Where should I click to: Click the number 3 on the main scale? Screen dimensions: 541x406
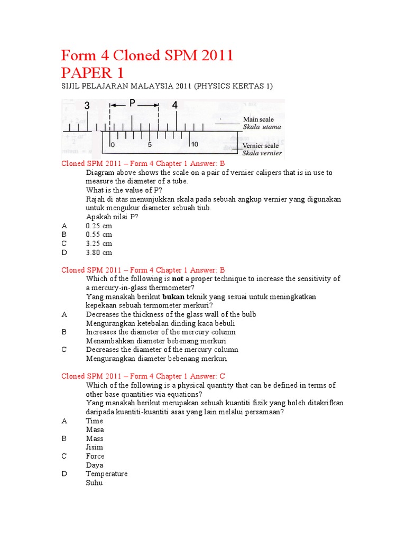point(87,106)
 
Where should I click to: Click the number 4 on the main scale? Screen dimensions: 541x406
point(175,106)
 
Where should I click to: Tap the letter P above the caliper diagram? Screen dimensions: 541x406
point(133,104)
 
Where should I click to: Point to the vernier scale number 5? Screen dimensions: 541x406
point(150,144)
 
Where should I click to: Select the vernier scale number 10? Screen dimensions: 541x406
point(194,144)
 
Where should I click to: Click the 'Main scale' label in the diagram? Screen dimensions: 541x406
point(258,119)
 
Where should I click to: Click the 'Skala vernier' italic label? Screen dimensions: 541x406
point(262,153)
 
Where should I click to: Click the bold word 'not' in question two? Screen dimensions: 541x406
point(179,279)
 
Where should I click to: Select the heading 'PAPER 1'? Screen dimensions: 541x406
point(93,73)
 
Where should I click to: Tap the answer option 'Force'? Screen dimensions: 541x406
point(95,456)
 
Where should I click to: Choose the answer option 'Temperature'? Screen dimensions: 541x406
point(107,474)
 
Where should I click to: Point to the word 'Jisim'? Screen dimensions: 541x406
point(95,447)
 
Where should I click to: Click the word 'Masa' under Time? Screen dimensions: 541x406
point(95,430)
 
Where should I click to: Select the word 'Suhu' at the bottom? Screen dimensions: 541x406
point(95,482)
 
